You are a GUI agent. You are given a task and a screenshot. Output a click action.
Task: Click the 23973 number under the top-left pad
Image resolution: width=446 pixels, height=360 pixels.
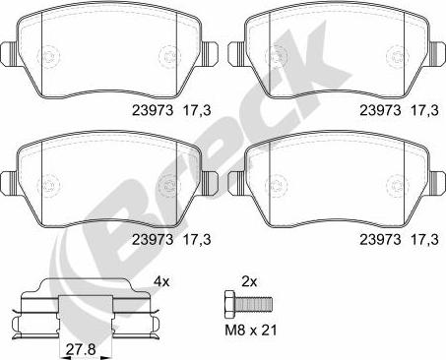tap(153, 110)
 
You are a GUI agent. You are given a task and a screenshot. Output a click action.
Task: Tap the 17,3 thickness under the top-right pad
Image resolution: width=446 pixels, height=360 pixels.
tap(424, 110)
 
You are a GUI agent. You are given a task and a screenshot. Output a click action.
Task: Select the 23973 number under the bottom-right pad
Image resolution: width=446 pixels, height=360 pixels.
tap(380, 239)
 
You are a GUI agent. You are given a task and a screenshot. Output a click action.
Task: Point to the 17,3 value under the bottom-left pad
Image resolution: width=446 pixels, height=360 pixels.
tap(197, 239)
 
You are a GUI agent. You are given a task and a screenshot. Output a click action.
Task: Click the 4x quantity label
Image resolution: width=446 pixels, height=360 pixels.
tap(161, 281)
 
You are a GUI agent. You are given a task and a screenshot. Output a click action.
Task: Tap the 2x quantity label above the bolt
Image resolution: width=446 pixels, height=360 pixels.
tap(249, 281)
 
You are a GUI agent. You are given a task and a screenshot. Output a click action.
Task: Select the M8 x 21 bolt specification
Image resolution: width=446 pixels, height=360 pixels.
tap(251, 330)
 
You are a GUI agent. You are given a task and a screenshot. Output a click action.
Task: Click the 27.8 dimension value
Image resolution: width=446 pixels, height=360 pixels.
tap(81, 349)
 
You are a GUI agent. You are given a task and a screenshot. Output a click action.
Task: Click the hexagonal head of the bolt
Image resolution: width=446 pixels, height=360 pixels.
tap(229, 304)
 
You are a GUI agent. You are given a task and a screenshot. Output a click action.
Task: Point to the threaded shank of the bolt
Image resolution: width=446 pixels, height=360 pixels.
tap(253, 304)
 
